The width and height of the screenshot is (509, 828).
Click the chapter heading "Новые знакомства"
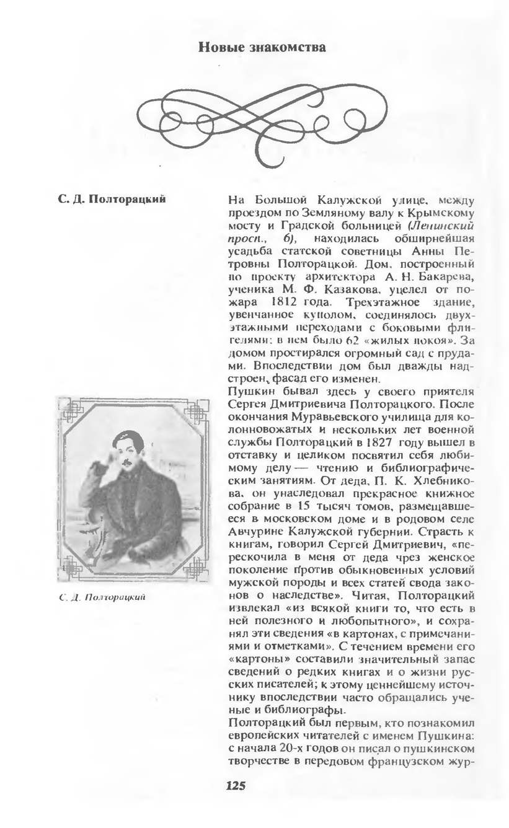click(262, 46)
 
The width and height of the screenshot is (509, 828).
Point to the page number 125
click(236, 786)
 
